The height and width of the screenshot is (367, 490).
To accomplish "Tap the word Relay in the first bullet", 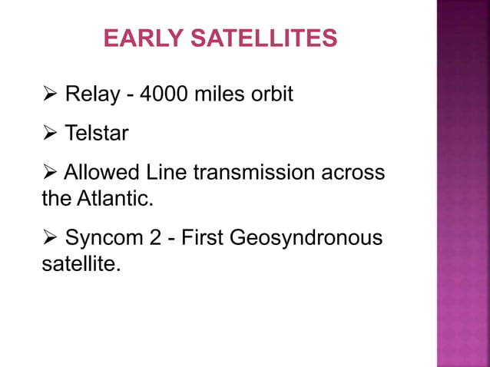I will tap(91, 95).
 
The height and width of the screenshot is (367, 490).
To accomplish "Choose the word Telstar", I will tap(97, 134).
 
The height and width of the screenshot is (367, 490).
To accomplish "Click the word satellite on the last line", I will tap(80, 265).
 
